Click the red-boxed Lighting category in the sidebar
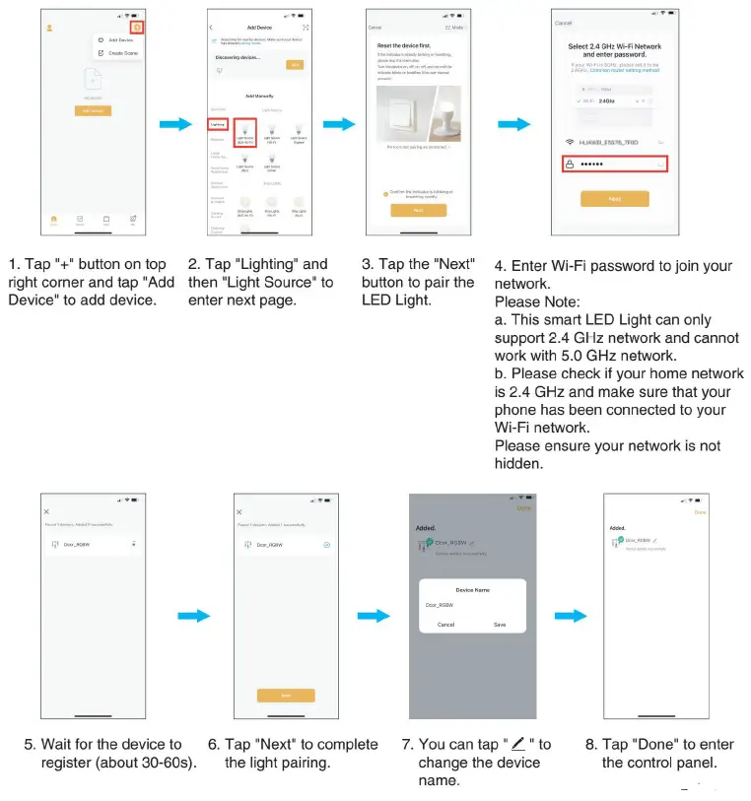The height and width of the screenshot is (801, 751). click(218, 124)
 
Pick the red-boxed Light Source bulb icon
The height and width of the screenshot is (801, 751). click(245, 131)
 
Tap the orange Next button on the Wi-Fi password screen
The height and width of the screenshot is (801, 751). click(614, 198)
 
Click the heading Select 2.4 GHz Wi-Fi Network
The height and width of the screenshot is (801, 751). click(614, 47)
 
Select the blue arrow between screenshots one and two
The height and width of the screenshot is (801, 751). click(175, 124)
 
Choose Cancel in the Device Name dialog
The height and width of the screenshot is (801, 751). click(445, 625)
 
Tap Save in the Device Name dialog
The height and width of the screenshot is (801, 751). click(500, 625)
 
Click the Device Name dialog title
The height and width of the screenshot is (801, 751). click(472, 589)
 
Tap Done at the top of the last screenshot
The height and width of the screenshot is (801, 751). click(700, 512)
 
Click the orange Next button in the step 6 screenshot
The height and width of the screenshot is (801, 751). click(286, 695)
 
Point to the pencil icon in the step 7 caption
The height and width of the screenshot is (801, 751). click(518, 744)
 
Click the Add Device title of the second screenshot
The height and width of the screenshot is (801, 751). click(259, 28)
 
